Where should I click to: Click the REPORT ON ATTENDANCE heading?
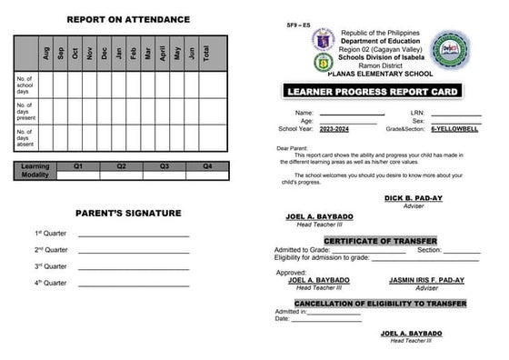128,19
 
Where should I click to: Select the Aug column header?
46,54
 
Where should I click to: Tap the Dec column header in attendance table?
105,54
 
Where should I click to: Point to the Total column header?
207,54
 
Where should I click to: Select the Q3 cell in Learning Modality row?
164,166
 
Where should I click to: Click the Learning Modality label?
35,171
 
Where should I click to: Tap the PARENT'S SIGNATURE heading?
128,214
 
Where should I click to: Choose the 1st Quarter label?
51,234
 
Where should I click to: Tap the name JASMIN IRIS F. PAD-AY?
426,280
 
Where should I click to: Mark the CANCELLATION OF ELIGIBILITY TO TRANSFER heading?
380,303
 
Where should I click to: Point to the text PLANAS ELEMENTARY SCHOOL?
371,74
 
